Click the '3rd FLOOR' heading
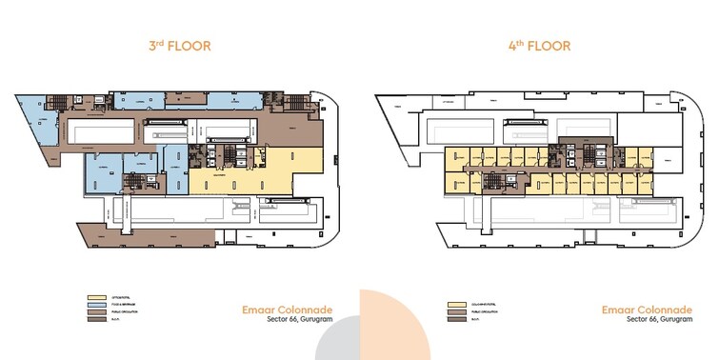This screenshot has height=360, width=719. (x=179, y=45)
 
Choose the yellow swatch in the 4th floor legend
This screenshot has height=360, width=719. (x=455, y=305)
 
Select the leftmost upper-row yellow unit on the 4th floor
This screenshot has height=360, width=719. (x=456, y=155)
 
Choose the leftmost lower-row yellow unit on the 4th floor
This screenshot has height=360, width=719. (x=458, y=184)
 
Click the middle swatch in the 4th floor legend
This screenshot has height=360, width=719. (x=455, y=312)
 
